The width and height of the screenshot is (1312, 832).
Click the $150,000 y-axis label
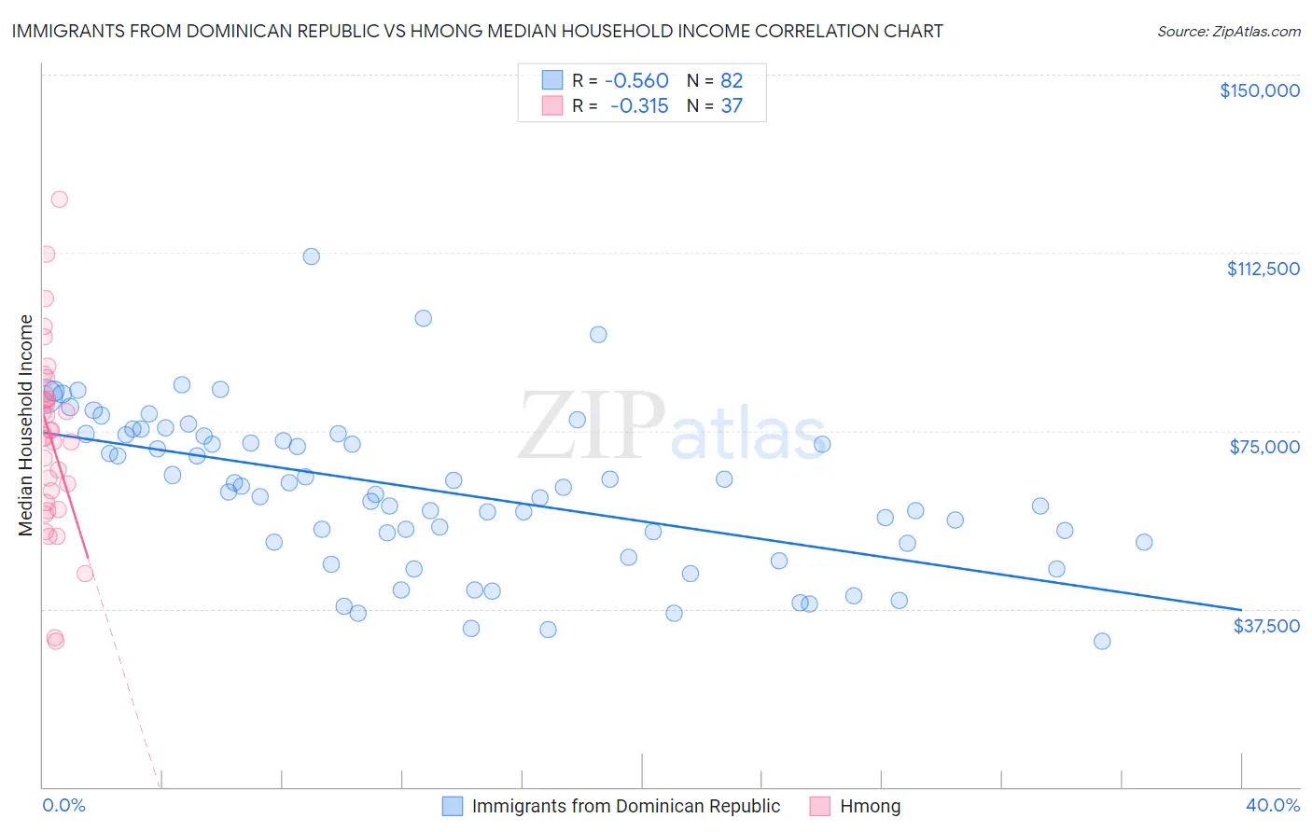pyautogui.click(x=1260, y=90)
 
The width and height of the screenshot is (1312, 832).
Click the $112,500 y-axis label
pyautogui.click(x=1263, y=269)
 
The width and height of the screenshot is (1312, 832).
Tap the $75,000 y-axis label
pyautogui.click(x=1264, y=447)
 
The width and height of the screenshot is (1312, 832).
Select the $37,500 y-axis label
pyautogui.click(x=1266, y=626)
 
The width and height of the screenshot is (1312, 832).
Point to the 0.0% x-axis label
pyautogui.click(x=63, y=805)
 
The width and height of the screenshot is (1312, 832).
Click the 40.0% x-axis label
pyautogui.click(x=1272, y=805)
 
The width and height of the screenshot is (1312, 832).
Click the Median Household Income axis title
pyautogui.click(x=25, y=425)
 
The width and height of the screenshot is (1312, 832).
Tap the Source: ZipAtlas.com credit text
pyautogui.click(x=1228, y=32)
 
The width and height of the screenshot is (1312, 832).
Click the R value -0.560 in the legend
pyautogui.click(x=636, y=81)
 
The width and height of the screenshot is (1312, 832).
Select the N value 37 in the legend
pyautogui.click(x=732, y=106)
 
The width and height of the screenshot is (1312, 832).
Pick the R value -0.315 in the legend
pyautogui.click(x=639, y=106)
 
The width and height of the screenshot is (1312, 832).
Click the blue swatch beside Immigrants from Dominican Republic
pyautogui.click(x=453, y=806)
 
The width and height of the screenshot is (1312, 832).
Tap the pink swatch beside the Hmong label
pyautogui.click(x=820, y=806)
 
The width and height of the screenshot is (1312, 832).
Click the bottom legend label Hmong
pyautogui.click(x=870, y=806)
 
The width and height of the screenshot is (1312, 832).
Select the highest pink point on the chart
pyautogui.click(x=59, y=199)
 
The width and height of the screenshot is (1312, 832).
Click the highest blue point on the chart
pyautogui.click(x=312, y=257)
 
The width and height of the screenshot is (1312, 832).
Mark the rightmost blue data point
pyautogui.click(x=1144, y=542)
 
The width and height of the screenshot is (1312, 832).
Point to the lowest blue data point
pyautogui.click(x=1102, y=641)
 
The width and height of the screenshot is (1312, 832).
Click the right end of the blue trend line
pyautogui.click(x=1241, y=609)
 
